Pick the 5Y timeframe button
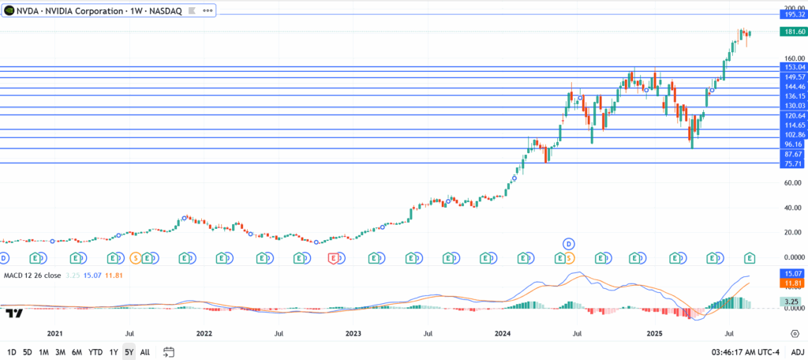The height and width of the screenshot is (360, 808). coord(129,352)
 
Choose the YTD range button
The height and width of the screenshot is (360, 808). coord(95,352)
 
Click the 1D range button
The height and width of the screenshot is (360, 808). coord(12,352)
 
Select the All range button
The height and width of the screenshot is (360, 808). coord(145,352)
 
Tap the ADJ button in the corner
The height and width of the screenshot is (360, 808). coord(798,352)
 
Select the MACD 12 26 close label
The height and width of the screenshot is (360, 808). coord(32,275)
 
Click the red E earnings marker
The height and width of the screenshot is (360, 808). coord(334,258)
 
